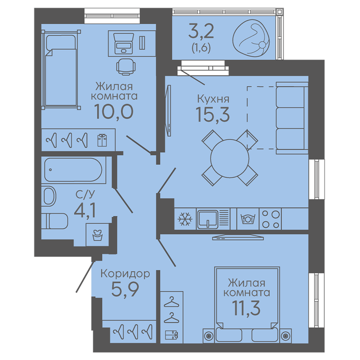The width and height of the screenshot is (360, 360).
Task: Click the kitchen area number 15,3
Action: pyautogui.click(x=212, y=114)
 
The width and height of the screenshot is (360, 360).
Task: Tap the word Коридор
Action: pyautogui.click(x=125, y=274)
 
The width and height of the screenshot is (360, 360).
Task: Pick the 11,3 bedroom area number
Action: pyautogui.click(x=246, y=308)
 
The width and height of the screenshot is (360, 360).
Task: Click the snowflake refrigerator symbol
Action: pyautogui.click(x=185, y=219)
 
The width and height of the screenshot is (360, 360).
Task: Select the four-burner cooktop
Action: pyautogui.click(x=271, y=219)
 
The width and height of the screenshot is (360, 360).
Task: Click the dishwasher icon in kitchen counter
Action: pyautogui.click(x=248, y=219)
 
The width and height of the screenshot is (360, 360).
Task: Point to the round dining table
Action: pyautogui.click(x=229, y=158)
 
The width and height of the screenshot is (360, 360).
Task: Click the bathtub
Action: pyautogui.click(x=73, y=170)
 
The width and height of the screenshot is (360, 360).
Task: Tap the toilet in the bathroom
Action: pyautogui.click(x=55, y=221)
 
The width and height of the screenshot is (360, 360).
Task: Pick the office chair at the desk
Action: pyautogui.click(x=125, y=66)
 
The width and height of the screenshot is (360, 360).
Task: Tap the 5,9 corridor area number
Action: pyautogui.click(x=125, y=290)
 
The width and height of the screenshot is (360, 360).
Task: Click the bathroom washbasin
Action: pyautogui.click(x=49, y=196)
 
